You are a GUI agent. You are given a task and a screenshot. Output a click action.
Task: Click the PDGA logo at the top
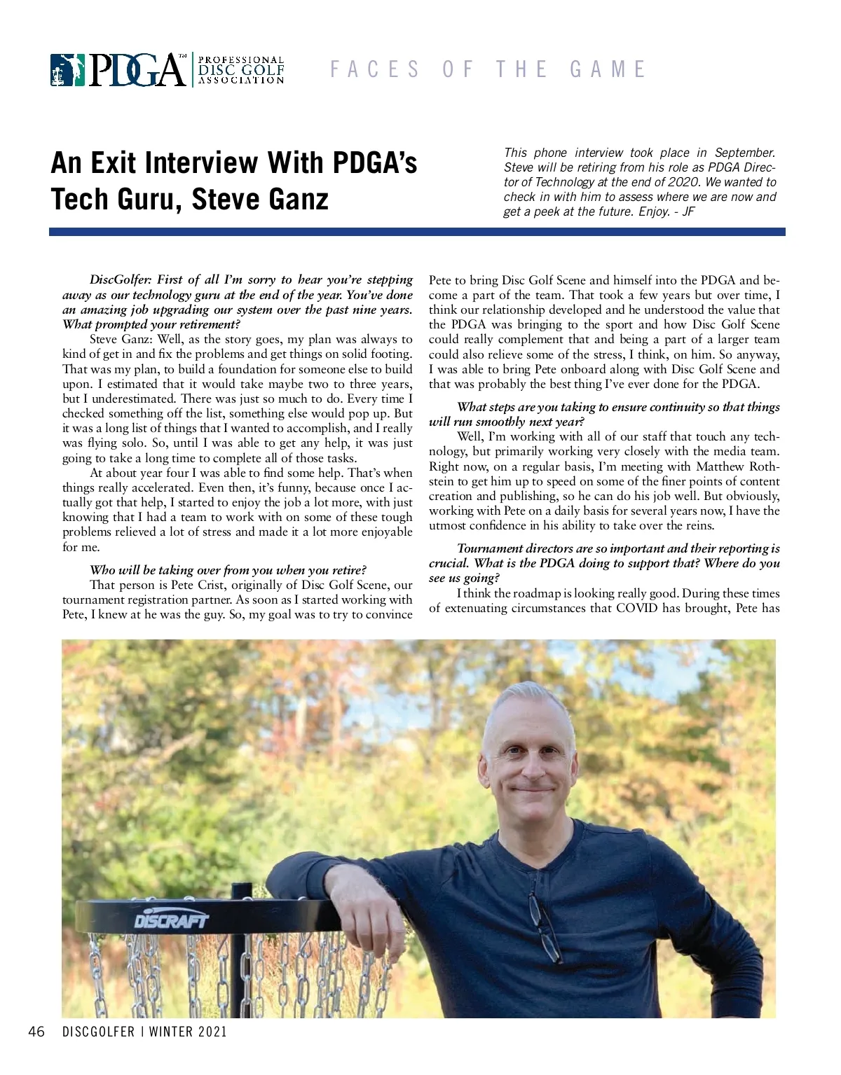point(167,70)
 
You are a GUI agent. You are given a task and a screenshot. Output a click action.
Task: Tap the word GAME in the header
point(608,69)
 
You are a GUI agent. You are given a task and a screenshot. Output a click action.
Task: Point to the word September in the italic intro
point(745,153)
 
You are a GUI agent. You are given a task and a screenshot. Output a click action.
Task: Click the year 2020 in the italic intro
point(684,182)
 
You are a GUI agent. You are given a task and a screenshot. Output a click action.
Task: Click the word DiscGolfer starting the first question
point(120,280)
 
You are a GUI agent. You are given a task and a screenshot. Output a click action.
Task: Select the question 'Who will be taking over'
point(228,570)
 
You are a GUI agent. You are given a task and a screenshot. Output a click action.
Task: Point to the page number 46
point(36,1032)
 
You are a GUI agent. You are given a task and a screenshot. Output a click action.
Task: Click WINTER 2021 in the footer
point(188,1032)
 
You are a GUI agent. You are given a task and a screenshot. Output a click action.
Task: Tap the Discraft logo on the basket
point(171,920)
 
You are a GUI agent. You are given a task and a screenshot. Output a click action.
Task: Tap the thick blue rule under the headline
point(417,232)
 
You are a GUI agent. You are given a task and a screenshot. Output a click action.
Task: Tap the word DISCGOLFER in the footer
point(98,1032)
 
